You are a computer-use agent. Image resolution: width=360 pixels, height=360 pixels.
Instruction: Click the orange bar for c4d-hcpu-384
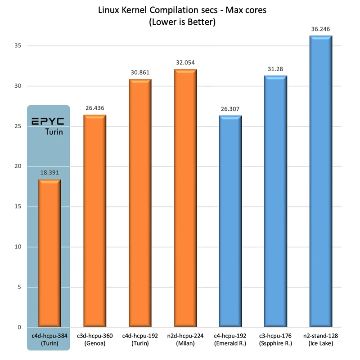click(x=49, y=253)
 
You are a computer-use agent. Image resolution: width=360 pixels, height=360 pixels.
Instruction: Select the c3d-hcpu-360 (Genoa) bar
click(x=94, y=221)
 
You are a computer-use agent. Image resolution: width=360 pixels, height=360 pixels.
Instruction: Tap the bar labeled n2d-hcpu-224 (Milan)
click(x=185, y=198)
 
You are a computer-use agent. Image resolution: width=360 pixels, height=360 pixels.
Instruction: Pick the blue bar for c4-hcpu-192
click(x=230, y=221)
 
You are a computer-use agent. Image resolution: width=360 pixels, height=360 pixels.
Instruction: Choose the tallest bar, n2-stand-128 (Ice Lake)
click(x=321, y=181)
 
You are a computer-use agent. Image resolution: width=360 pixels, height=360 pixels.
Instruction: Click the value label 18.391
click(x=49, y=172)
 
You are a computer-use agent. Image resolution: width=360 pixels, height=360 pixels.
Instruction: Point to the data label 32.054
click(x=185, y=63)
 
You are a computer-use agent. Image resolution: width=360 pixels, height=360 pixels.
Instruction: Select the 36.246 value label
click(x=320, y=29)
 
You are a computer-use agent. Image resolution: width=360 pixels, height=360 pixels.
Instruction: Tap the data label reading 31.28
click(x=275, y=69)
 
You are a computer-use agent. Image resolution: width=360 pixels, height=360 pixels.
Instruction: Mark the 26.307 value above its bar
click(x=230, y=109)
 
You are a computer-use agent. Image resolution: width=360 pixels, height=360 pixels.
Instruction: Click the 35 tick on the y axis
click(x=18, y=45)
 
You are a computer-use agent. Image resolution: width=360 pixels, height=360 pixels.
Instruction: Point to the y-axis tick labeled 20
click(x=18, y=166)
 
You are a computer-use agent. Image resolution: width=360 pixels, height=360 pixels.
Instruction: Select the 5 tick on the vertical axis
click(x=19, y=287)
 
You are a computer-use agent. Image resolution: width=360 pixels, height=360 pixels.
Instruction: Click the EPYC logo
click(x=48, y=121)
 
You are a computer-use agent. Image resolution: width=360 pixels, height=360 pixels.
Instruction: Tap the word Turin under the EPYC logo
click(x=54, y=132)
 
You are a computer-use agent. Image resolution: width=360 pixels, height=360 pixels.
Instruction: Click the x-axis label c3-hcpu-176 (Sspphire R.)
click(x=275, y=339)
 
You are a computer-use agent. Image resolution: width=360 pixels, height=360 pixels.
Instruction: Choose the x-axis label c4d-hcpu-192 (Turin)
click(x=140, y=339)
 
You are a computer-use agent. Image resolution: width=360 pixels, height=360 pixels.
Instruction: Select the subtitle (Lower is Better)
click(x=182, y=22)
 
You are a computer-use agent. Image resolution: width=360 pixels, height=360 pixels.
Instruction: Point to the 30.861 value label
click(x=140, y=72)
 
